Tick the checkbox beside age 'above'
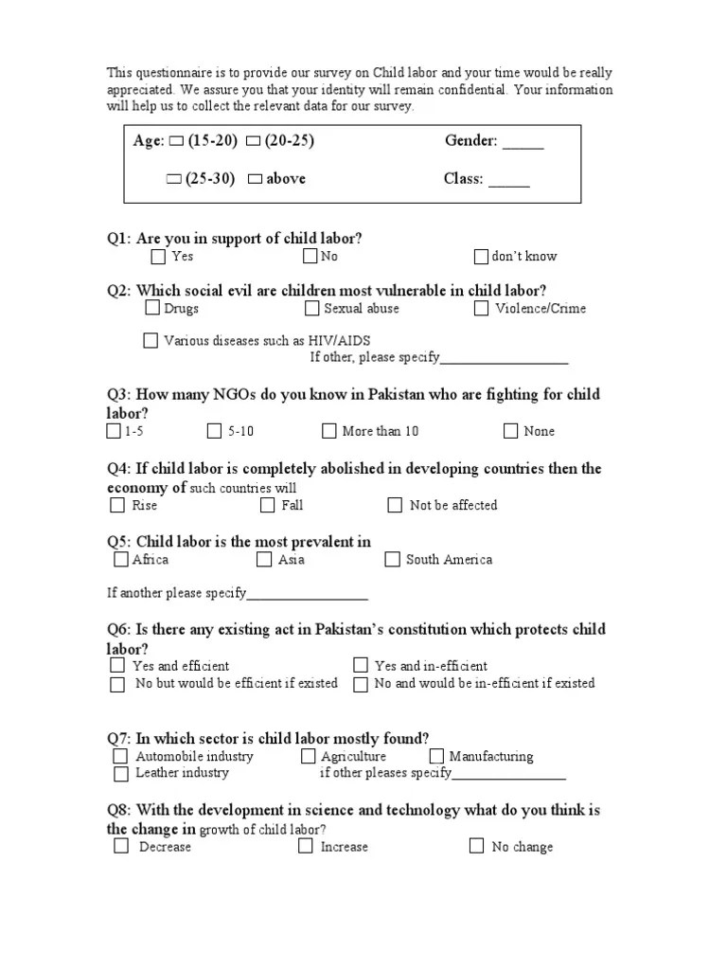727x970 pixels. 254,179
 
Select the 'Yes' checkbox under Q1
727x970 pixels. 158,256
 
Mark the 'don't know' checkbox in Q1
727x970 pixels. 481,256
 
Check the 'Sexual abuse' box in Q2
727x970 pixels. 312,308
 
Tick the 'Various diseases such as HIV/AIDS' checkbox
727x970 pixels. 151,340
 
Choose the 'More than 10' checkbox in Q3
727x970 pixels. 328,431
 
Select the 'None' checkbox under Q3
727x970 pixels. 510,431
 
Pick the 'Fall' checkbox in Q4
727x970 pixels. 267,505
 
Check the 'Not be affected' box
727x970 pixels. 395,505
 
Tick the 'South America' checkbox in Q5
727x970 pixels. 392,559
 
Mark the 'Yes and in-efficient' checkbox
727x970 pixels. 361,665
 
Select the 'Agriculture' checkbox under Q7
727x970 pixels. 309,756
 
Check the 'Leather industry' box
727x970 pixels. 120,773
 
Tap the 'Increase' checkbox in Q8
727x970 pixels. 306,846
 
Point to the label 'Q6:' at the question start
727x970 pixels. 119,629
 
